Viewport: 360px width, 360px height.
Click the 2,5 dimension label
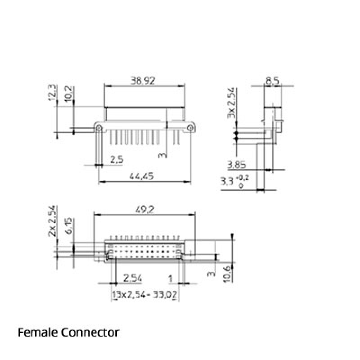(117, 159)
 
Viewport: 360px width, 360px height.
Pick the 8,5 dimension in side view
(273, 81)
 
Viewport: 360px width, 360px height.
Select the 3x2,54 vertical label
(231, 103)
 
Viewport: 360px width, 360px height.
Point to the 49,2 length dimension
(144, 209)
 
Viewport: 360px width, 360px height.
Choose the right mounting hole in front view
(190, 128)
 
